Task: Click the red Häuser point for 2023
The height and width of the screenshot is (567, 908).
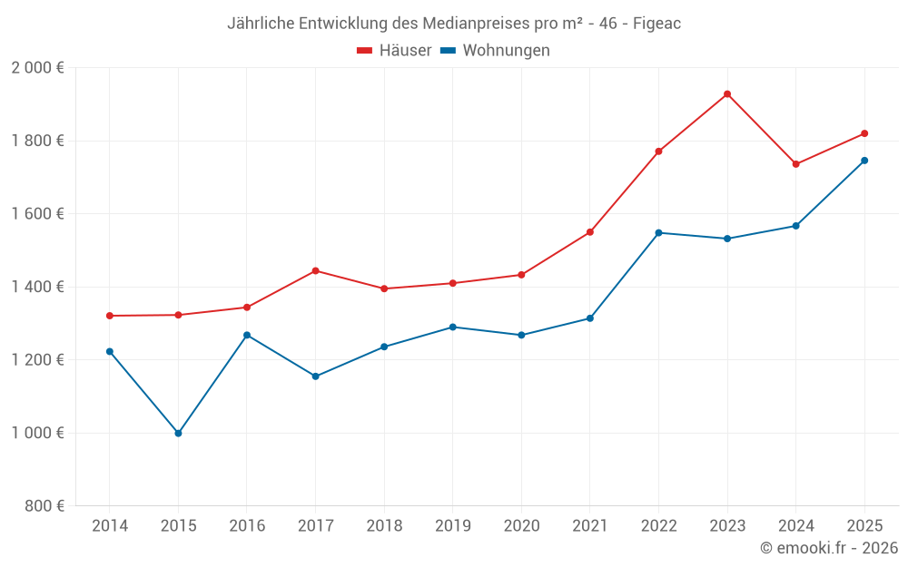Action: pyautogui.click(x=727, y=94)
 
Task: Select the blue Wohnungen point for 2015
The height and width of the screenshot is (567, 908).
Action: pyautogui.click(x=178, y=434)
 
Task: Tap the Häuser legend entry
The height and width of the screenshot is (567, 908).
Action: pyautogui.click(x=394, y=51)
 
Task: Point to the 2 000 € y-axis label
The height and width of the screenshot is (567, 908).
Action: pyautogui.click(x=37, y=68)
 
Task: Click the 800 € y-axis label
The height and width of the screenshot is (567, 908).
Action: pyautogui.click(x=44, y=506)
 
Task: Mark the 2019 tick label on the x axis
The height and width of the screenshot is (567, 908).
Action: pyautogui.click(x=452, y=526)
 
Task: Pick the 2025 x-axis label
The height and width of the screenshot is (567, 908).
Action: pyautogui.click(x=864, y=526)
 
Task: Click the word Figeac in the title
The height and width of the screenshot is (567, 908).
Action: pyautogui.click(x=656, y=24)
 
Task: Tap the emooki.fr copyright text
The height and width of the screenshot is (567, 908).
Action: pyautogui.click(x=829, y=548)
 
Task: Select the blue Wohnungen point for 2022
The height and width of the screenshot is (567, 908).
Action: pyautogui.click(x=659, y=233)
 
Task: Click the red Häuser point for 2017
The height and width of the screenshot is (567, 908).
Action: pyautogui.click(x=315, y=270)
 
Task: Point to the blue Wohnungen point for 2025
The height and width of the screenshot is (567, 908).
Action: pyautogui.click(x=864, y=161)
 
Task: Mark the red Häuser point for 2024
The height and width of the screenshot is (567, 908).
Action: pyautogui.click(x=796, y=164)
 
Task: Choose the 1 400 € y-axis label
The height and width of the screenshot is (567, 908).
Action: pyautogui.click(x=37, y=288)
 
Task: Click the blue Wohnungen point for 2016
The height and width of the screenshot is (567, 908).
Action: pyautogui.click(x=247, y=335)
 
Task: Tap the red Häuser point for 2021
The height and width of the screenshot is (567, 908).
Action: pyautogui.click(x=590, y=232)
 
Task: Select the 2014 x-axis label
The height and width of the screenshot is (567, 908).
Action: pyautogui.click(x=110, y=526)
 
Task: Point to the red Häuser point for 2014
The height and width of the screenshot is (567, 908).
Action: pyautogui.click(x=110, y=316)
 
